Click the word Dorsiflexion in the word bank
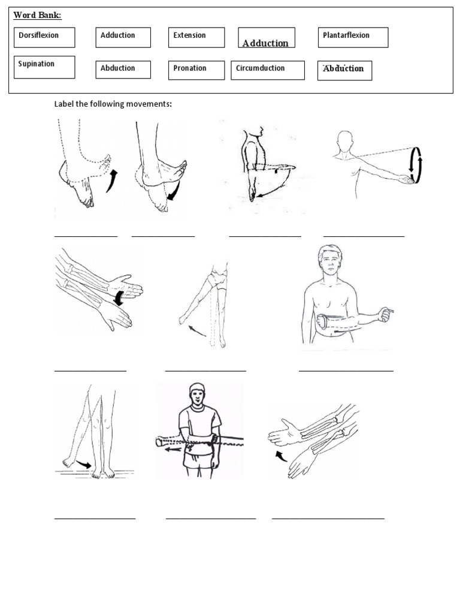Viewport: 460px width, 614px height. point(39,35)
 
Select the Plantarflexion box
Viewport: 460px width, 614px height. point(346,35)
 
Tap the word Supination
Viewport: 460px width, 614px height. point(37,64)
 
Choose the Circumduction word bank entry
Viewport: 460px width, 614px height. point(260,68)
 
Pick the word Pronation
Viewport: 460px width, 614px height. point(190,68)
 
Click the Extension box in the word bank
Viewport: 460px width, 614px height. point(190,35)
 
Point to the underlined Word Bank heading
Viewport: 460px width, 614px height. point(37,14)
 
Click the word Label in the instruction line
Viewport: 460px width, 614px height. point(63,104)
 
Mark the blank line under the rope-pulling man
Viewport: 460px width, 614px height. point(210,517)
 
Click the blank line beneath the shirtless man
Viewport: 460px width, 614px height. point(346,371)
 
